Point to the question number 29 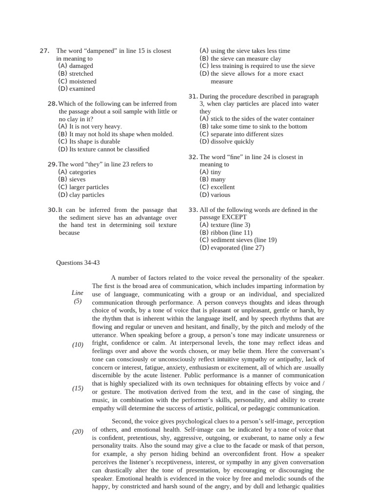[x=53, y=165]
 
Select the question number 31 [x=192, y=96]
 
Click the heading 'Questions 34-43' [x=78, y=263]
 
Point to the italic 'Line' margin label [x=78, y=293]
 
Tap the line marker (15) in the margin [x=78, y=389]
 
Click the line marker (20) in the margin [x=78, y=431]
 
